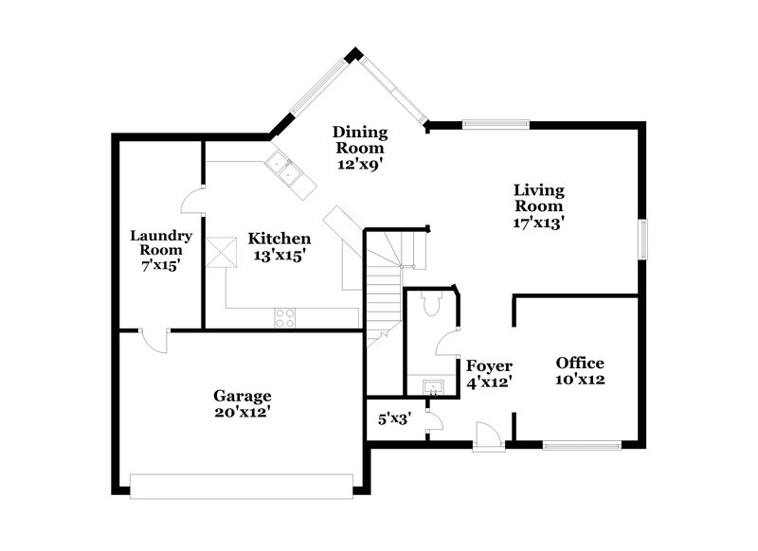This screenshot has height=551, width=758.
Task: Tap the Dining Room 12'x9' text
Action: tap(360, 148)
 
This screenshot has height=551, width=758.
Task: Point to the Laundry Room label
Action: tap(161, 250)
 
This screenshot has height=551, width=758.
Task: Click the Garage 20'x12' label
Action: tap(242, 403)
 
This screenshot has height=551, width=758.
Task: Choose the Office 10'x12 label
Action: tap(580, 371)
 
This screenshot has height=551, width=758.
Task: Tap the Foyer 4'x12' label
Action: tap(489, 373)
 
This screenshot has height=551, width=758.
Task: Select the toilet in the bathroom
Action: tap(431, 303)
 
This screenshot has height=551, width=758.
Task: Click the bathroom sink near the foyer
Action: tap(432, 385)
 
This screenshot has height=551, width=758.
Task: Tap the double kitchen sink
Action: tap(289, 174)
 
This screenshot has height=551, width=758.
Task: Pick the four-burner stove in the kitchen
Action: tap(284, 317)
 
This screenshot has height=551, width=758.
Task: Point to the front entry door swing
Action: tap(488, 436)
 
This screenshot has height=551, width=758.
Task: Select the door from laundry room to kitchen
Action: tap(192, 200)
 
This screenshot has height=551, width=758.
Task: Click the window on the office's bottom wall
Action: tap(581, 442)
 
